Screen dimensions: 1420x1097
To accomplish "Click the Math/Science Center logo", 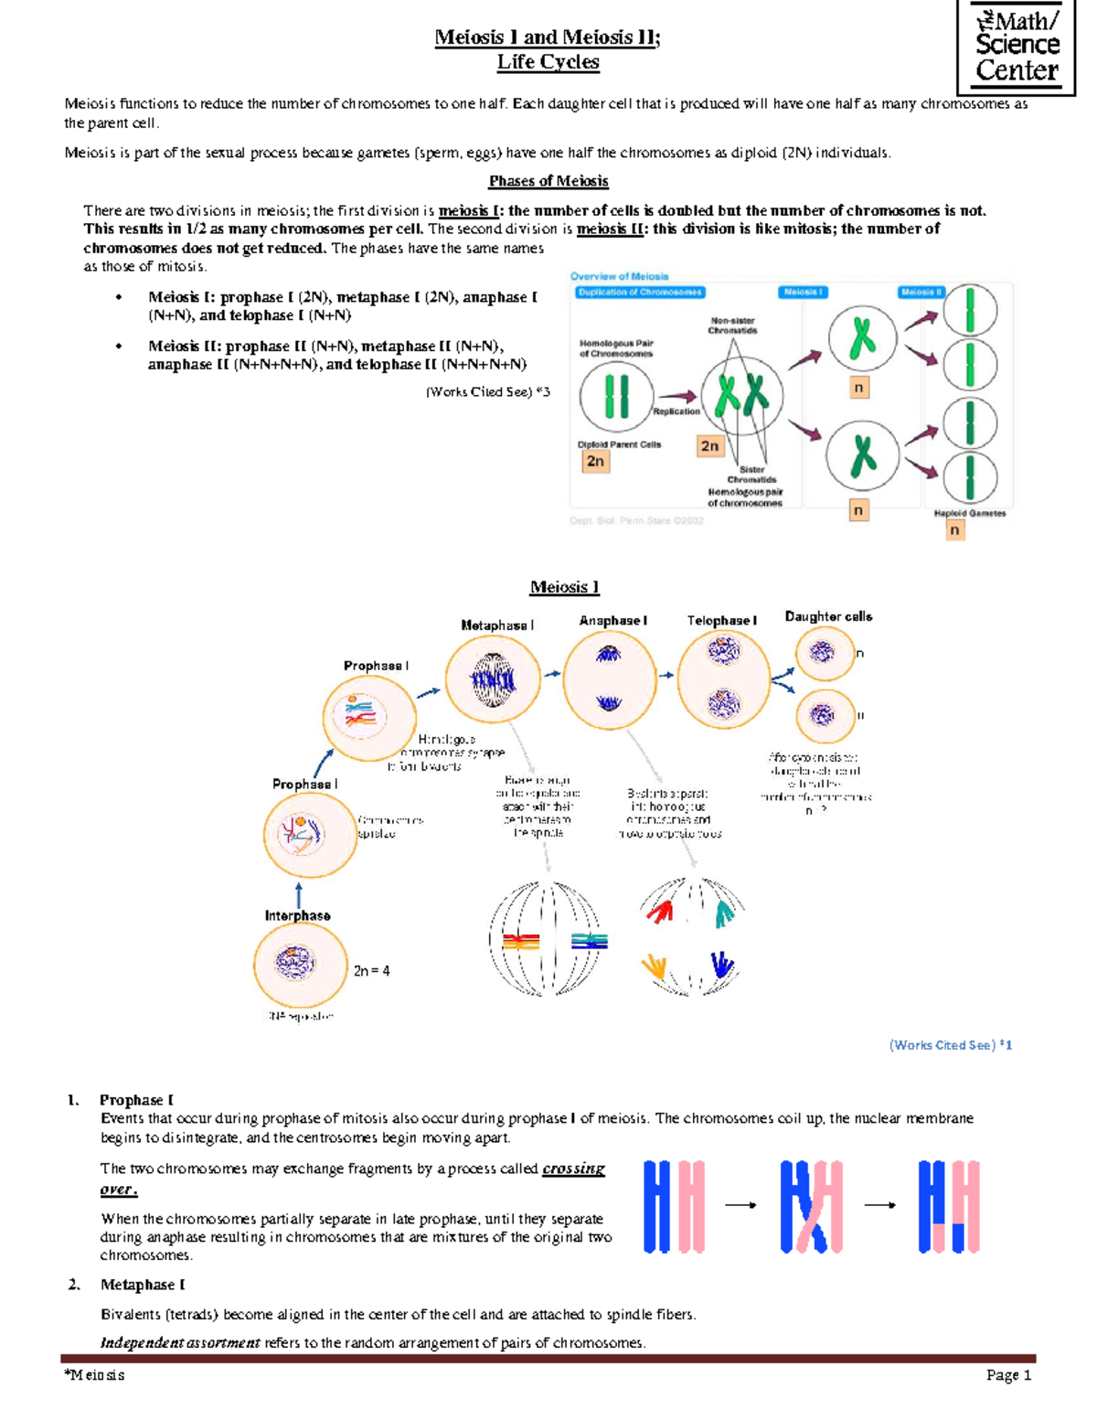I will (1016, 46).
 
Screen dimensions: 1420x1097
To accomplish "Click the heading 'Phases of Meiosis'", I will (548, 181).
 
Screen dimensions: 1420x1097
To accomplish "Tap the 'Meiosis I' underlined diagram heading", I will (564, 587).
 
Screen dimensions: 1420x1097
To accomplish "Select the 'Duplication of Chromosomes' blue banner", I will (640, 293).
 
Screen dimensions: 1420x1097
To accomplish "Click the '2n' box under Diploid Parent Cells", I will (595, 462).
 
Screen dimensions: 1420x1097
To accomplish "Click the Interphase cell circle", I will (299, 963).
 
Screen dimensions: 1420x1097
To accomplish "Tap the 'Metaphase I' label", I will (497, 625).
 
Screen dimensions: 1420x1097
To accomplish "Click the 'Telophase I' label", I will (721, 621).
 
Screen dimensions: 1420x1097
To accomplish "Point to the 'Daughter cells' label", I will (828, 617).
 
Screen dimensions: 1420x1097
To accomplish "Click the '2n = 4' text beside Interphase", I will (372, 971).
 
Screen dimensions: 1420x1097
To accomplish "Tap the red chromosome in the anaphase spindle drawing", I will (659, 911).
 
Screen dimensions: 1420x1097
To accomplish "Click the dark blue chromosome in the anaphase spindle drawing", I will (721, 965).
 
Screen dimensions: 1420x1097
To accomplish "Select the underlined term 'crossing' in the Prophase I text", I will (573, 1169).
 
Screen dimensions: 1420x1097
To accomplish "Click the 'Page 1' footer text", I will (1008, 1375).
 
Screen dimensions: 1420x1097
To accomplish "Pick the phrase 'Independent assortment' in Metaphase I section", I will (180, 1343).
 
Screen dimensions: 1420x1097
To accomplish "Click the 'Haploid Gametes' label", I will (969, 514).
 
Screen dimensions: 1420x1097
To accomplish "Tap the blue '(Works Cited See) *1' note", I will (950, 1045).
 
